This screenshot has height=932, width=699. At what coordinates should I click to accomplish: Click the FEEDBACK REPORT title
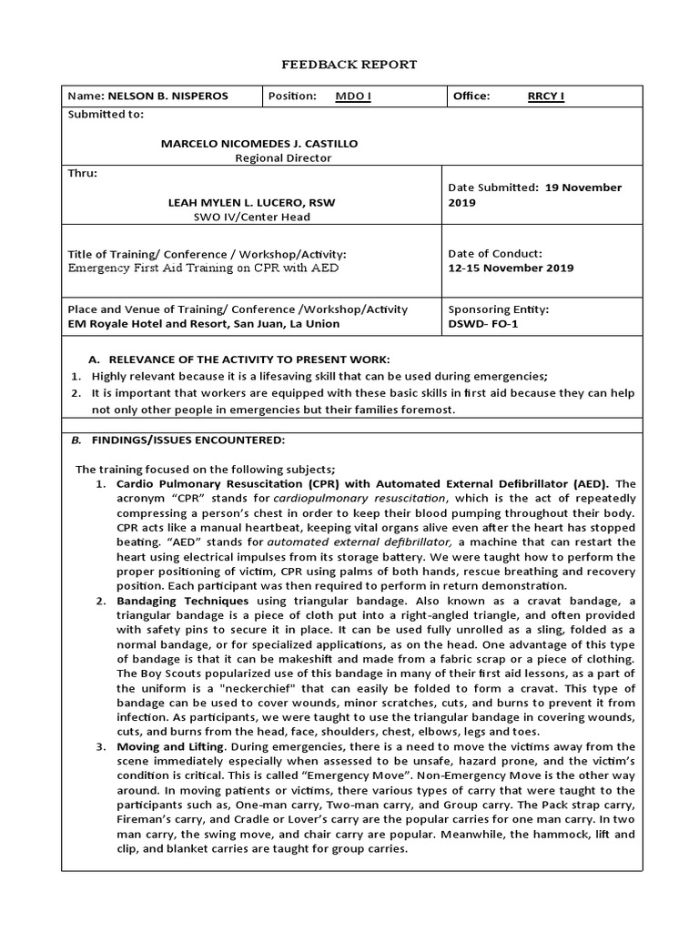pos(349,65)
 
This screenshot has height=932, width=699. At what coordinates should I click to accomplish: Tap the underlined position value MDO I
pos(353,96)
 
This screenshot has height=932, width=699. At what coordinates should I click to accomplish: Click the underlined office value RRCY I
pos(546,96)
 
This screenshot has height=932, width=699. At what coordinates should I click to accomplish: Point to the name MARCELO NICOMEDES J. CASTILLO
pos(259,143)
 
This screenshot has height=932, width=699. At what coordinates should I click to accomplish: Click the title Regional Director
pos(283,157)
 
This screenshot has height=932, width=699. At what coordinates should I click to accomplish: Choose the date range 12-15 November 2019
pos(511,268)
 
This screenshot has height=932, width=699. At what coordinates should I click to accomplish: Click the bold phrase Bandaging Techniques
pos(182,602)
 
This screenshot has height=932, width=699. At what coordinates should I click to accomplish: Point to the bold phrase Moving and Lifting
pos(169,747)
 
